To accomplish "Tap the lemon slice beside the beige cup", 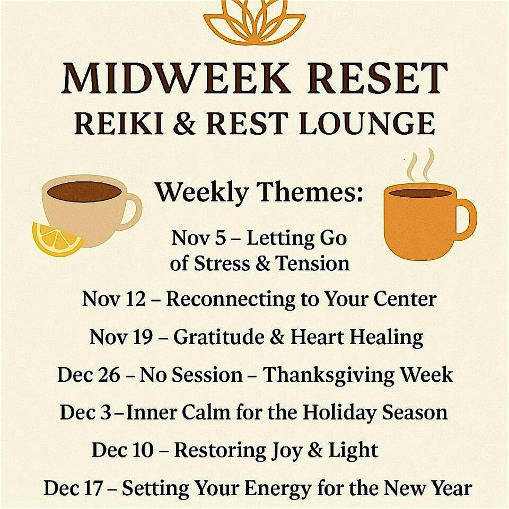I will click(56, 239).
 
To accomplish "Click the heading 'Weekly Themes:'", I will click(259, 192).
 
